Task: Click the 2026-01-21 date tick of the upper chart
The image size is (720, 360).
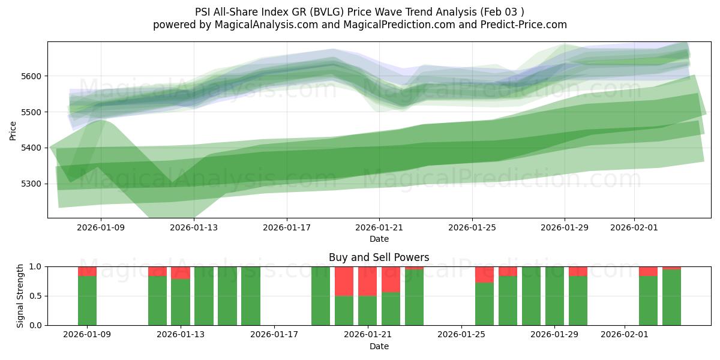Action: click(x=379, y=227)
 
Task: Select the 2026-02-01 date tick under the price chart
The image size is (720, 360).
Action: click(x=635, y=227)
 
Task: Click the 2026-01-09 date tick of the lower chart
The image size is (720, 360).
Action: click(x=88, y=335)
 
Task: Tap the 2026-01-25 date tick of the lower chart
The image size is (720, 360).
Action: click(x=461, y=335)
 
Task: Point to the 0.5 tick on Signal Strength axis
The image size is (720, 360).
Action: click(x=37, y=296)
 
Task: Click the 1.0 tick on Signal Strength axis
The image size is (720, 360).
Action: click(x=37, y=266)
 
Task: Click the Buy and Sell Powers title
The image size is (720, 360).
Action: click(x=379, y=257)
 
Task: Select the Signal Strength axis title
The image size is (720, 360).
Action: click(x=20, y=296)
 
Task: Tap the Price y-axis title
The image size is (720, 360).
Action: click(x=13, y=130)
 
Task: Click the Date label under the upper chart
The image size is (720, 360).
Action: click(x=379, y=239)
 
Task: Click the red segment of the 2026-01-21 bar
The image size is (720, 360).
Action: click(x=367, y=281)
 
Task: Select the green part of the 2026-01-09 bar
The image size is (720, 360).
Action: click(x=88, y=300)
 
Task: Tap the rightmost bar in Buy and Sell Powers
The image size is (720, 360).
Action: click(x=671, y=297)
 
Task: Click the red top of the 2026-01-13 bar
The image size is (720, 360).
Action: click(x=181, y=272)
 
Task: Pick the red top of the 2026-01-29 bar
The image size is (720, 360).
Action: click(x=578, y=271)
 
